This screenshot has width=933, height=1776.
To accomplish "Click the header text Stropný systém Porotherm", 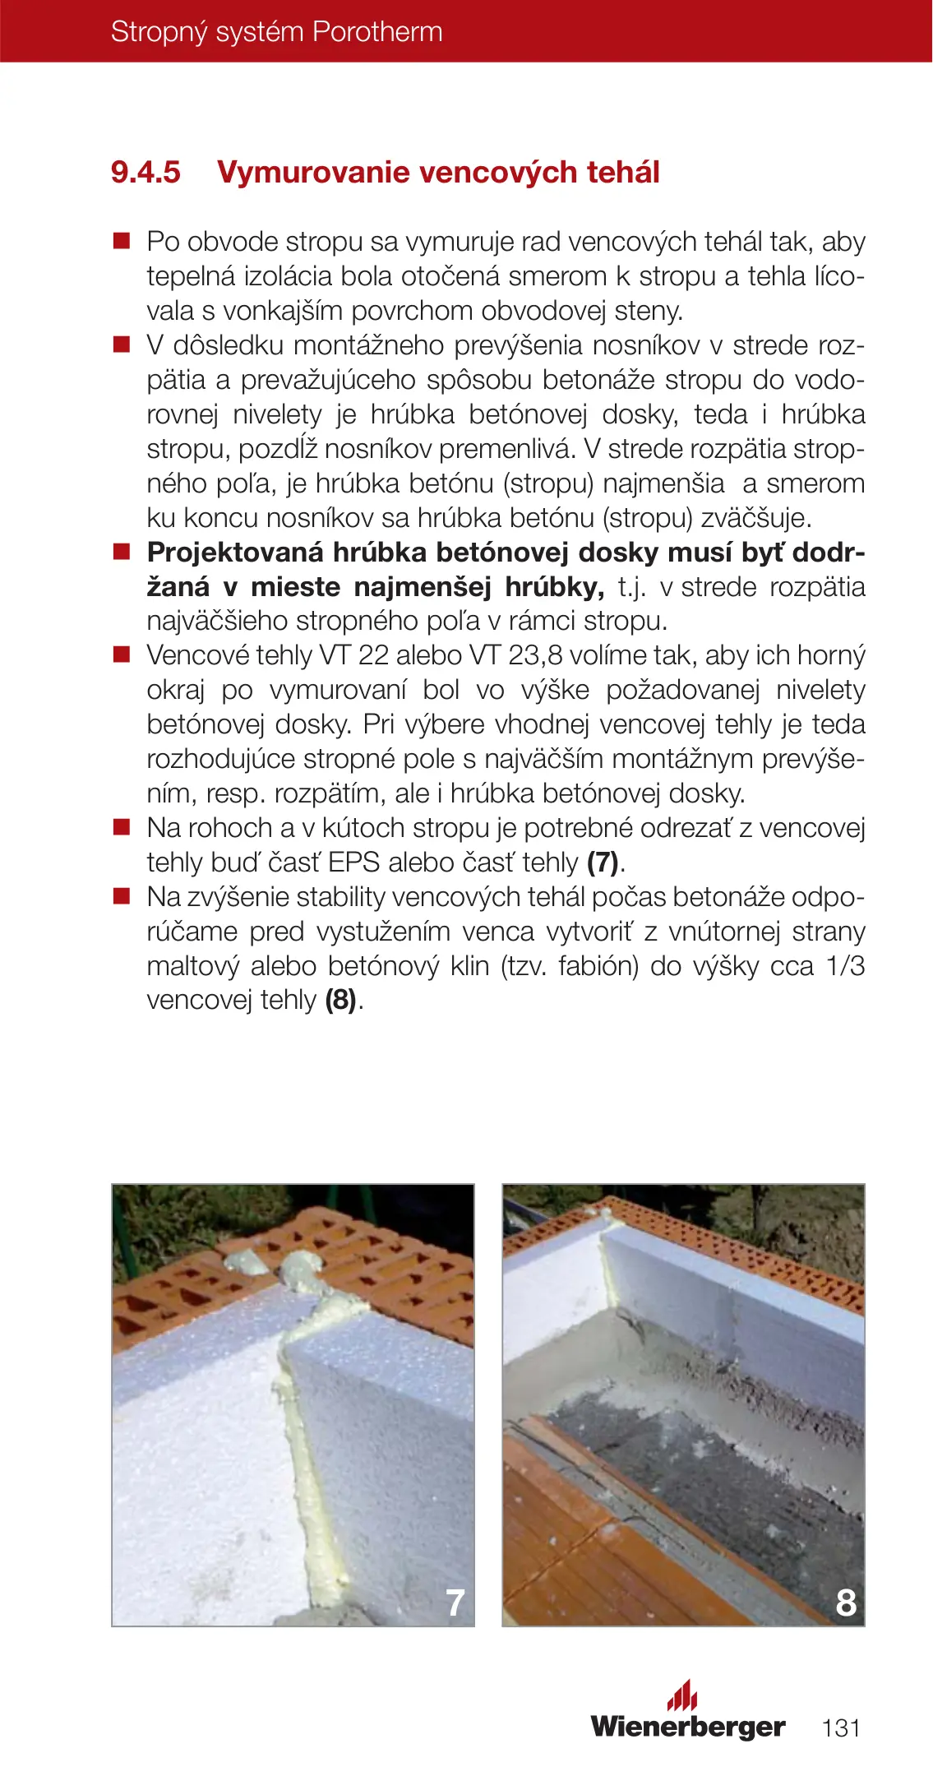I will pyautogui.click(x=276, y=32).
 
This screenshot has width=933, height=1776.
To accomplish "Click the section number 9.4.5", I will pyautogui.click(x=145, y=173).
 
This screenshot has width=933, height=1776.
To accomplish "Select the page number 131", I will pyautogui.click(x=841, y=1727).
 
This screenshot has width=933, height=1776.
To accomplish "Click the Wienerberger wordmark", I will pyautogui.click(x=688, y=1726).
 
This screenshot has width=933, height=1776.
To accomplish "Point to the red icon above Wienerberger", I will pyautogui.click(x=681, y=1695).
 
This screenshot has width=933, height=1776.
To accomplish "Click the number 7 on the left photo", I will pyautogui.click(x=455, y=1602).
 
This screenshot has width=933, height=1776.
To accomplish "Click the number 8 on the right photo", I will pyautogui.click(x=845, y=1602).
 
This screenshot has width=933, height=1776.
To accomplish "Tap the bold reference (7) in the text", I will pyautogui.click(x=603, y=863).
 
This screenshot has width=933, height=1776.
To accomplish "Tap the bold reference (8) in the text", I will pyautogui.click(x=341, y=1001).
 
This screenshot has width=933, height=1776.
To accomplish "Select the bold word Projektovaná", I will pyautogui.click(x=234, y=553).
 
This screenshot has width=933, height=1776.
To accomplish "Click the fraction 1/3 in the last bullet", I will pyautogui.click(x=845, y=966).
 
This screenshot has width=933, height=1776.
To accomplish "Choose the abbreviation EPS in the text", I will pyautogui.click(x=353, y=863).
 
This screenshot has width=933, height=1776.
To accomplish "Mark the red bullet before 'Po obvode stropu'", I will pyautogui.click(x=122, y=241).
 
